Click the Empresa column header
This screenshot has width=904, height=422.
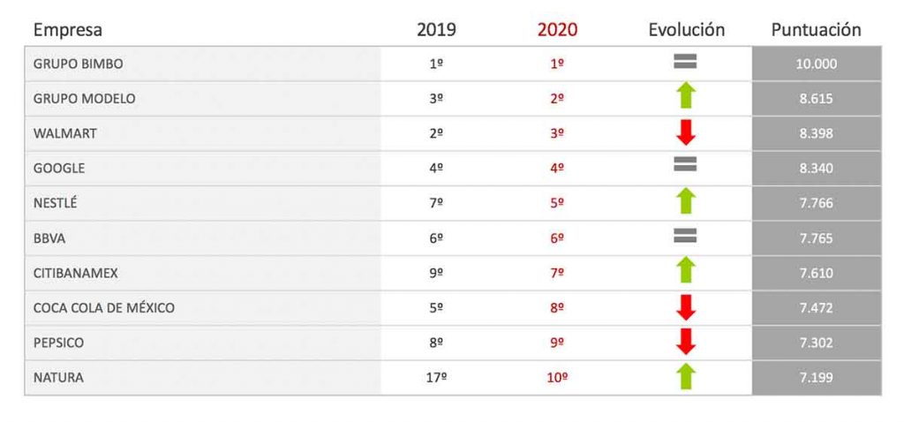coord(68,30)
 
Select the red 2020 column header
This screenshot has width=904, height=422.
coord(557,30)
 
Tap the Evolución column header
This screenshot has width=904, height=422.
coord(686,30)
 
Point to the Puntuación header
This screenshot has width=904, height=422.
coord(816,30)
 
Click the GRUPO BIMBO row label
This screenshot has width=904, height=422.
coord(78,64)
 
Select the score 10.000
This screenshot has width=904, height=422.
coord(817,64)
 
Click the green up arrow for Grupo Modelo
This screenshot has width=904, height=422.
coord(686,96)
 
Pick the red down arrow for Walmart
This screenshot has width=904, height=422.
coord(686,132)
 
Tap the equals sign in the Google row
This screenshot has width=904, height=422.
coord(686,163)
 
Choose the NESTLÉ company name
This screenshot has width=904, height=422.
coord(56,203)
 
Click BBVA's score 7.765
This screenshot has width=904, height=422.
coord(817,238)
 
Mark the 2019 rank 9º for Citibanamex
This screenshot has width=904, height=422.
coord(436,273)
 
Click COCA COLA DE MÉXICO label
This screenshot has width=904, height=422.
coord(104,308)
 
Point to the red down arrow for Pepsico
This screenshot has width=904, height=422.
coord(686,341)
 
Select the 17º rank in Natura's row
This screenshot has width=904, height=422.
coord(436,378)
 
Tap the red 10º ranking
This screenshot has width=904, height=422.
coord(557,378)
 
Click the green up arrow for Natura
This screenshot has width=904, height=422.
coord(686,376)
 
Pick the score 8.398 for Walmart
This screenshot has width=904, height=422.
coord(817,133)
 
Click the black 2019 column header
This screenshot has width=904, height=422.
coord(436,30)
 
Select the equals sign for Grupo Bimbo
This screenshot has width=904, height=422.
coord(686,61)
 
